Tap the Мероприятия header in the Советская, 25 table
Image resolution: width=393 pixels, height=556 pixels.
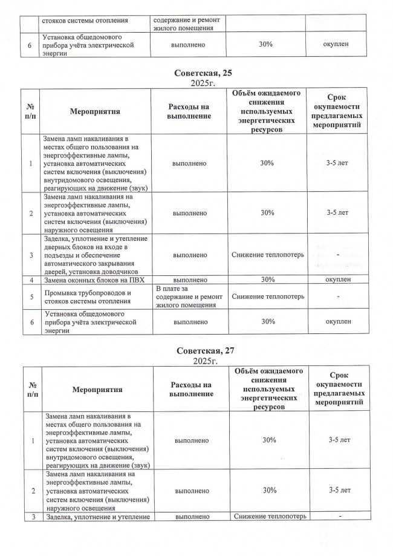95,112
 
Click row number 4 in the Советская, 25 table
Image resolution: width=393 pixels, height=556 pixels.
30,280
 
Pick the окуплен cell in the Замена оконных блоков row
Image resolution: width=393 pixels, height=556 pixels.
338,280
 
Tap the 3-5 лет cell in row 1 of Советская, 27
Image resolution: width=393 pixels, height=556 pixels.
339,440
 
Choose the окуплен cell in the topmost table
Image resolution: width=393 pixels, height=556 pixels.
338,44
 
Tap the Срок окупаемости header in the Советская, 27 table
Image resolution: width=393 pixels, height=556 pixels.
339,390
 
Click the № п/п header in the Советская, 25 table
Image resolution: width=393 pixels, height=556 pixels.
30,112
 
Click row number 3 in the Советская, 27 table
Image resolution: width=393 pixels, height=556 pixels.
30,516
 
